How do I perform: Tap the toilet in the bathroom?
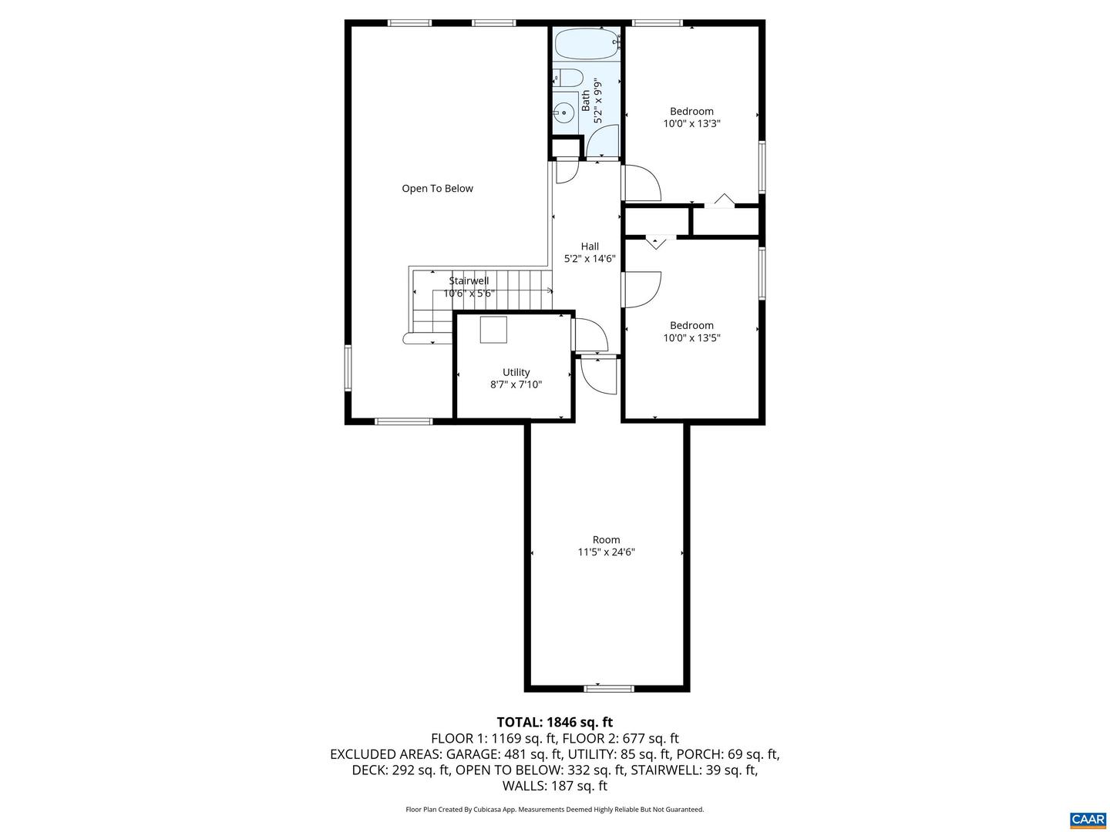(x=569, y=78)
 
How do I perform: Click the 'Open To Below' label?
(x=437, y=189)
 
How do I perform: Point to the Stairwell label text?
(x=469, y=281)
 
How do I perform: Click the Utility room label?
(x=516, y=373)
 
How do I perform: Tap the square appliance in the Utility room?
(x=493, y=330)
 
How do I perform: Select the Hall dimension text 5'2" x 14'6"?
(x=590, y=260)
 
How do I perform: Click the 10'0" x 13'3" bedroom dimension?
(x=691, y=124)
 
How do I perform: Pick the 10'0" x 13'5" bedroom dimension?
(x=691, y=338)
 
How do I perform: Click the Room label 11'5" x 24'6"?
(x=606, y=552)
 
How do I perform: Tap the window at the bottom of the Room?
(x=608, y=688)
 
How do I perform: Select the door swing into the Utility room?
(x=590, y=334)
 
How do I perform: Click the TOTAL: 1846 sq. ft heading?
(x=554, y=723)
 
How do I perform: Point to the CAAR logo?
(x=1088, y=819)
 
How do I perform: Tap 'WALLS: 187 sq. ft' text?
(x=554, y=787)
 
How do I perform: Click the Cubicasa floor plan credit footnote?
(x=554, y=810)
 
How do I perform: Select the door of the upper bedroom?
(x=642, y=184)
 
